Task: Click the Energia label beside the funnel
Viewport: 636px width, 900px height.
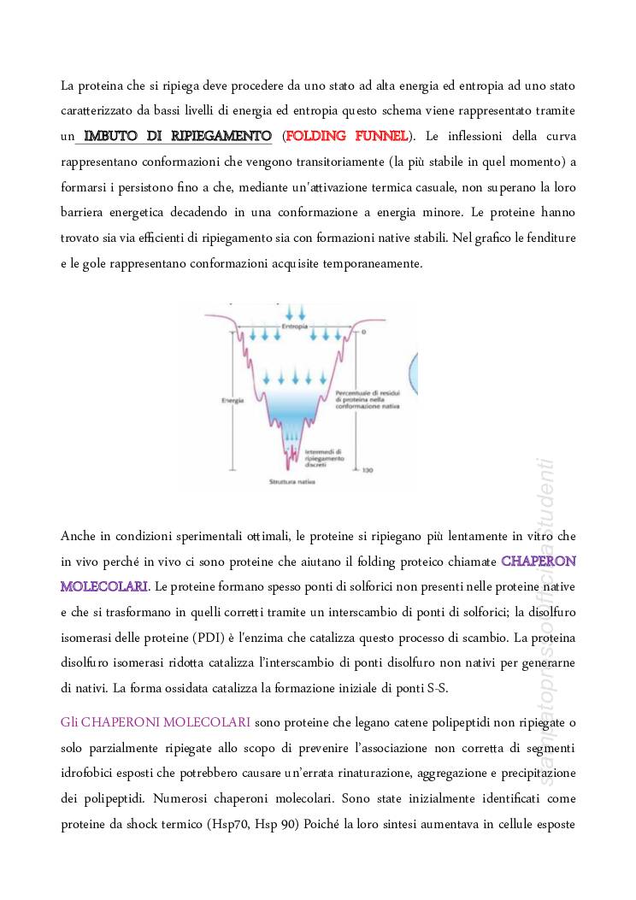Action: coord(227,399)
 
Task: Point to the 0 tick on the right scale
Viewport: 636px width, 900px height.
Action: coord(362,331)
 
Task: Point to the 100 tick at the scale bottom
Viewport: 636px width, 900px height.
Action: coord(368,471)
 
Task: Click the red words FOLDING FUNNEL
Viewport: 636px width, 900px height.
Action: coord(346,136)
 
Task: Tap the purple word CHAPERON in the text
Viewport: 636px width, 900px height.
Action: coord(538,562)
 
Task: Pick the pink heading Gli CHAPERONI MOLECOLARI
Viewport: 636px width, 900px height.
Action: coord(156,722)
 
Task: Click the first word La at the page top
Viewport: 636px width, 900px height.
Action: coord(68,85)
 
